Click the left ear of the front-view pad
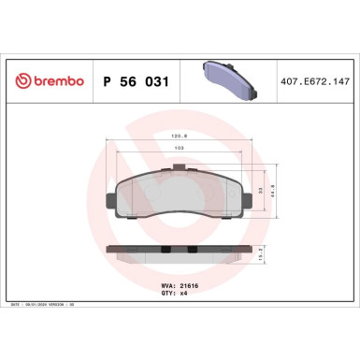click(x=111, y=198)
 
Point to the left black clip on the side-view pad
click(x=166, y=251)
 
